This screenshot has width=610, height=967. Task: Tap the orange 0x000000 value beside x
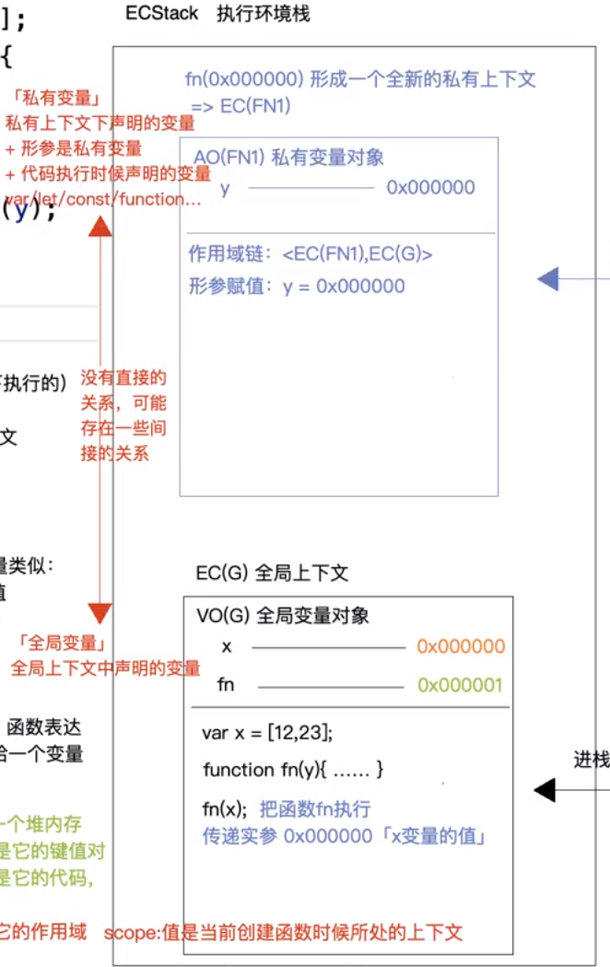[461, 646]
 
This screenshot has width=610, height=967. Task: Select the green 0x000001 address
[461, 685]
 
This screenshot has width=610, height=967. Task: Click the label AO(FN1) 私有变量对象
[288, 157]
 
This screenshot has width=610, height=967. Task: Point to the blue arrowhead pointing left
[548, 278]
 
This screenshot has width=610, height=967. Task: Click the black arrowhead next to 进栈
[545, 789]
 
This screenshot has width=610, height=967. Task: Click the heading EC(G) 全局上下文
[272, 572]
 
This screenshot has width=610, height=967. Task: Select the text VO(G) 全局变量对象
[283, 615]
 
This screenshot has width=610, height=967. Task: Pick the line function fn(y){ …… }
[292, 769]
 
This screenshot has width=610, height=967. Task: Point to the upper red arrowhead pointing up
[100, 223]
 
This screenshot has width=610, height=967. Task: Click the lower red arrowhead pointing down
[100, 614]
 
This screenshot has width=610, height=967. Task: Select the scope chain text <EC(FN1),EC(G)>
[358, 254]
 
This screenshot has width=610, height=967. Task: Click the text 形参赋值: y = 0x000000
[297, 286]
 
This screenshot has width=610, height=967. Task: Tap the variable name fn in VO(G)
[227, 685]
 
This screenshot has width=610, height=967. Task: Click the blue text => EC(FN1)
[240, 106]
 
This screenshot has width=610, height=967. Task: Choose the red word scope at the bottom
[125, 932]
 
